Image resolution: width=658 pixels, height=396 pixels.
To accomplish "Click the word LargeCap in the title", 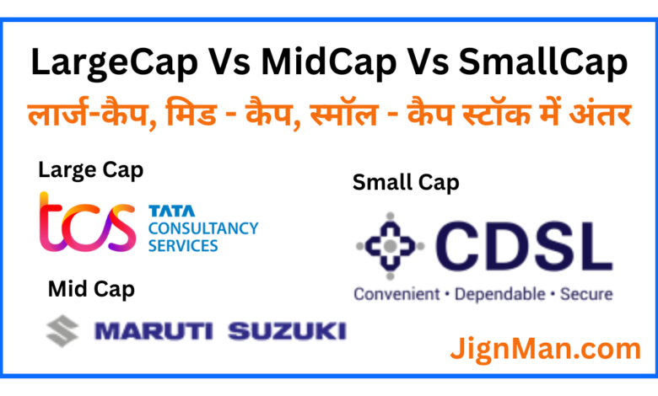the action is tap(115, 63).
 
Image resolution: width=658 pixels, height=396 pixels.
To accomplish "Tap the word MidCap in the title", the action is tap(329, 63).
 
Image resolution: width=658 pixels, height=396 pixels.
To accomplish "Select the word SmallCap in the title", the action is tap(543, 63).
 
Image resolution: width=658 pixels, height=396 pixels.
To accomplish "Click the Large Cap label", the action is tap(90, 171).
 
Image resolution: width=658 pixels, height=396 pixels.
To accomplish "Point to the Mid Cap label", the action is tap(91, 290).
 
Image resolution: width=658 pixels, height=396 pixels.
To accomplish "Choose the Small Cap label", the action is tap(406, 183).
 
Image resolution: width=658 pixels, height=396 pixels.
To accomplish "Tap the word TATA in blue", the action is tap(171, 211).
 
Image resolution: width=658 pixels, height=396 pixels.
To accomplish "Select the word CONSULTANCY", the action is tap(203, 228).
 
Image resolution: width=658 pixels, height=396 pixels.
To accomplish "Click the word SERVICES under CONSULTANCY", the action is tap(183, 245).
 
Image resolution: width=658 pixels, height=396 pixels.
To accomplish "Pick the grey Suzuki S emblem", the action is tap(62, 331).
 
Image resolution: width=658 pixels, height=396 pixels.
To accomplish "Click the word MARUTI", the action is tap(154, 331).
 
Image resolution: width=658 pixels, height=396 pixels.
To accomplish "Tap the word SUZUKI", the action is tap(288, 331).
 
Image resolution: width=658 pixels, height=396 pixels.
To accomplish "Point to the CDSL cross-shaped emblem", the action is tap(391, 246).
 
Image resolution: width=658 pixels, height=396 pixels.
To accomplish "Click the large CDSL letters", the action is tap(523, 246).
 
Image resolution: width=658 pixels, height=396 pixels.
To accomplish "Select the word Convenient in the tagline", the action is tap(396, 294).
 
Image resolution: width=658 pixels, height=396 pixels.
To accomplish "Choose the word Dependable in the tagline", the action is tap(499, 294).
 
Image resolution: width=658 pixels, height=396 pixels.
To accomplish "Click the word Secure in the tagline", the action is tap(586, 294).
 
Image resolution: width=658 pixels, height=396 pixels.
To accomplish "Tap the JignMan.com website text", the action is tap(546, 350).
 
